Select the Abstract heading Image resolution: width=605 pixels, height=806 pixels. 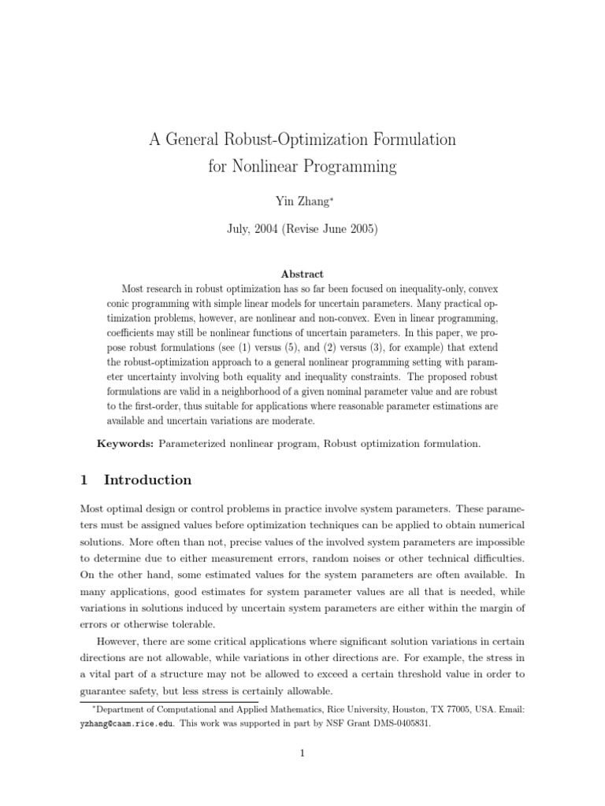pos(302,274)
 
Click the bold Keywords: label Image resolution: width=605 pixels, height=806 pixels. pos(124,444)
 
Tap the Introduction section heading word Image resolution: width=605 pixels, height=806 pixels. pos(147,480)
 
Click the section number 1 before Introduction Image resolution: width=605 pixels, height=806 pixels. pos(85,480)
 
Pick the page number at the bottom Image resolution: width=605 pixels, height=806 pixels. pos(302,753)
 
